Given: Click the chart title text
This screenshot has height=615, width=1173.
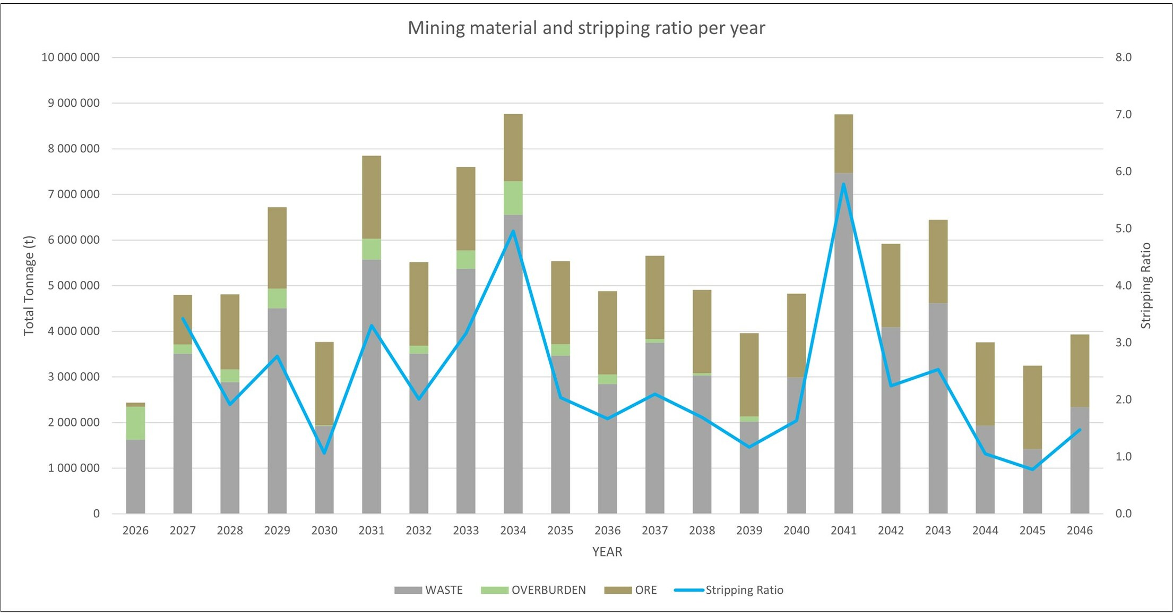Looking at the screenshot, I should (x=586, y=28).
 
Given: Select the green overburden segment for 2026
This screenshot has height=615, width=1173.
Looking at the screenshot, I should (x=135, y=423).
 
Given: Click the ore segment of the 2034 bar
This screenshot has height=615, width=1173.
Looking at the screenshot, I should (x=513, y=148).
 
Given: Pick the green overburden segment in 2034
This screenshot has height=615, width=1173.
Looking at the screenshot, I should (x=513, y=198).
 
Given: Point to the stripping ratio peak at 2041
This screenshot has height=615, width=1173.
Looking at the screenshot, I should (x=843, y=184).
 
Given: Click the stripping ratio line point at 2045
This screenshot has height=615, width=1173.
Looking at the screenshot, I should (x=1032, y=469).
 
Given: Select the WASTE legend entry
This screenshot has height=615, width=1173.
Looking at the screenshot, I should (x=429, y=590).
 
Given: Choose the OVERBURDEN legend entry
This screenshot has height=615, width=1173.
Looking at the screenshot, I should (x=533, y=590).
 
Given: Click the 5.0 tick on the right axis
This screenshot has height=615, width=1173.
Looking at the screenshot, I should (x=1123, y=228).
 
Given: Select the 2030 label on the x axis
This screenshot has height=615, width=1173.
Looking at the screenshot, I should (x=324, y=531).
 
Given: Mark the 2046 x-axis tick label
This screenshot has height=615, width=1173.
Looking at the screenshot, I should (x=1080, y=531).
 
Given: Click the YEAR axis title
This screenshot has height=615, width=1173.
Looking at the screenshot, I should (x=607, y=552).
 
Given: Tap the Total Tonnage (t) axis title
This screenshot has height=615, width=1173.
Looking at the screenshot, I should (x=29, y=285).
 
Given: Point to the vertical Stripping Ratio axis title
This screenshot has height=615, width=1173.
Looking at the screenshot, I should (x=1146, y=285).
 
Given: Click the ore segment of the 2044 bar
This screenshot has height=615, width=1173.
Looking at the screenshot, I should (x=985, y=384).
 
